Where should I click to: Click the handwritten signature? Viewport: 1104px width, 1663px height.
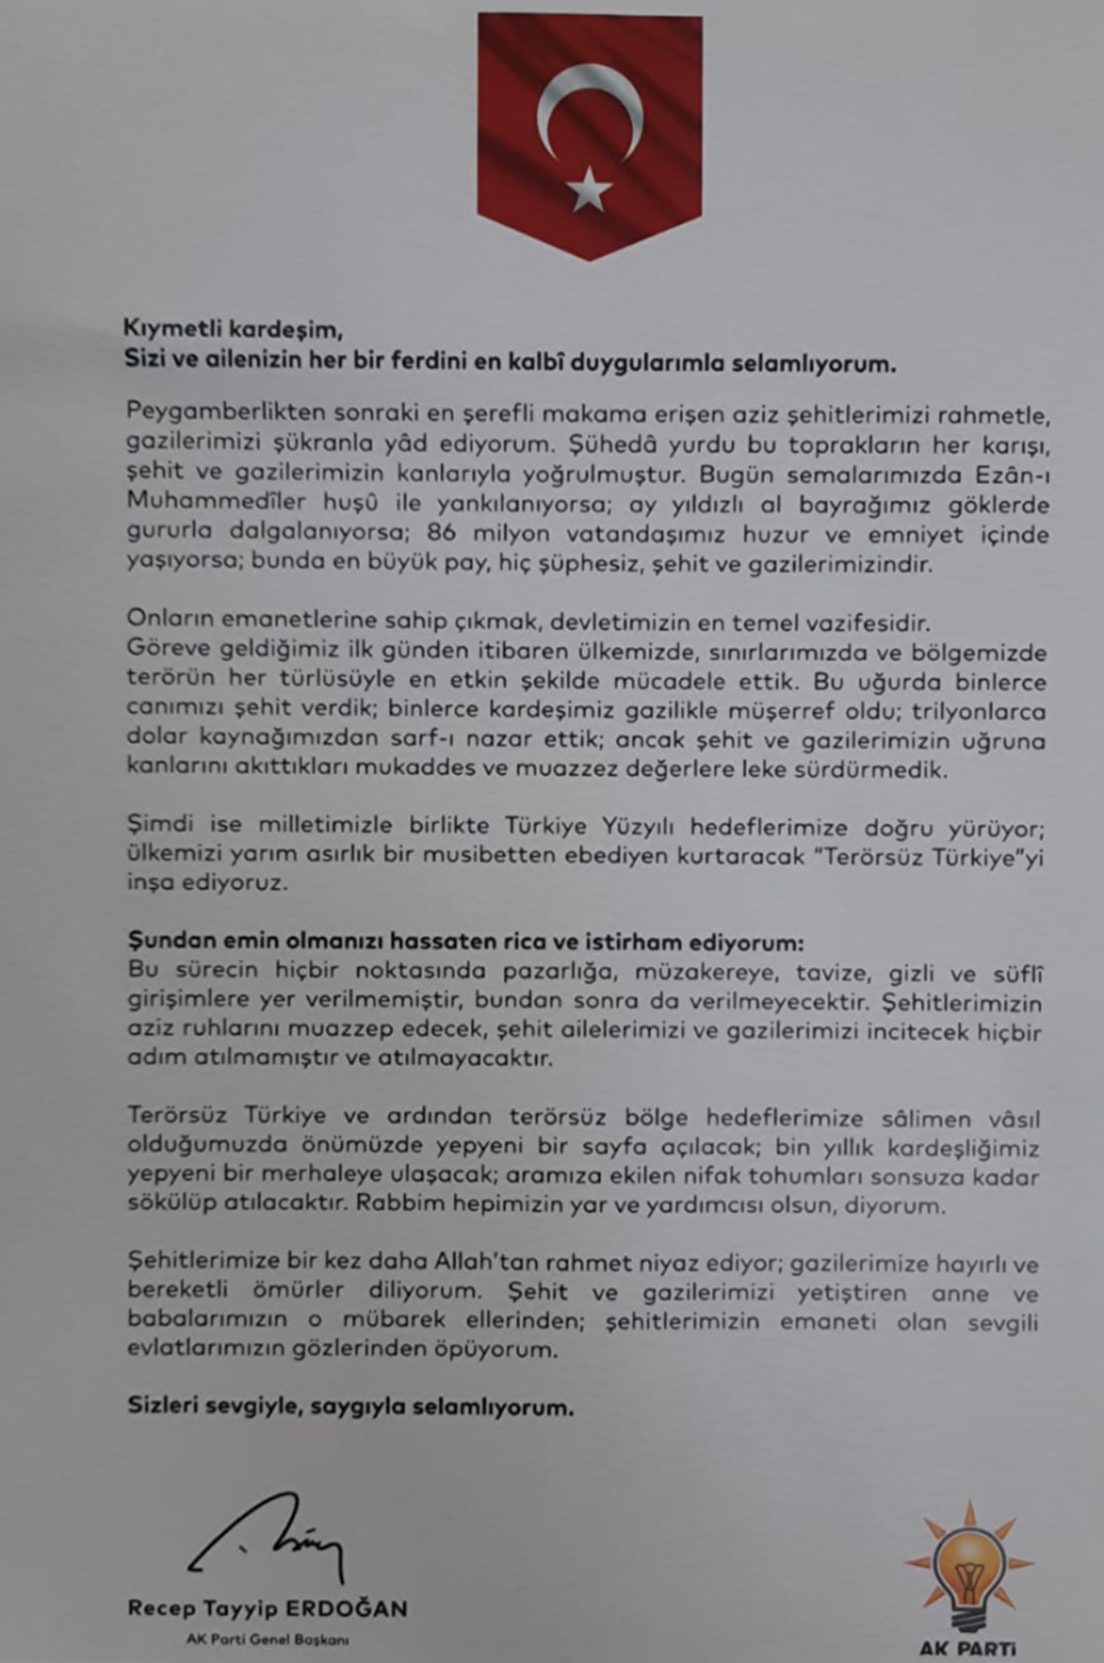pyautogui.click(x=267, y=1539)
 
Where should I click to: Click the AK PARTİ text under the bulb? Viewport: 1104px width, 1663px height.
pyautogui.click(x=968, y=1646)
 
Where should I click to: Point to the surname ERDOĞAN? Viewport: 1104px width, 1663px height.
pyautogui.click(x=346, y=1608)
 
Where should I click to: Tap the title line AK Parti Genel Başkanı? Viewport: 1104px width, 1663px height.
pyautogui.click(x=267, y=1639)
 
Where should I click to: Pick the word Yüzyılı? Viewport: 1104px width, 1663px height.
pyautogui.click(x=641, y=825)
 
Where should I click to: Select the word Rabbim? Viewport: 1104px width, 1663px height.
pyautogui.click(x=397, y=1204)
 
